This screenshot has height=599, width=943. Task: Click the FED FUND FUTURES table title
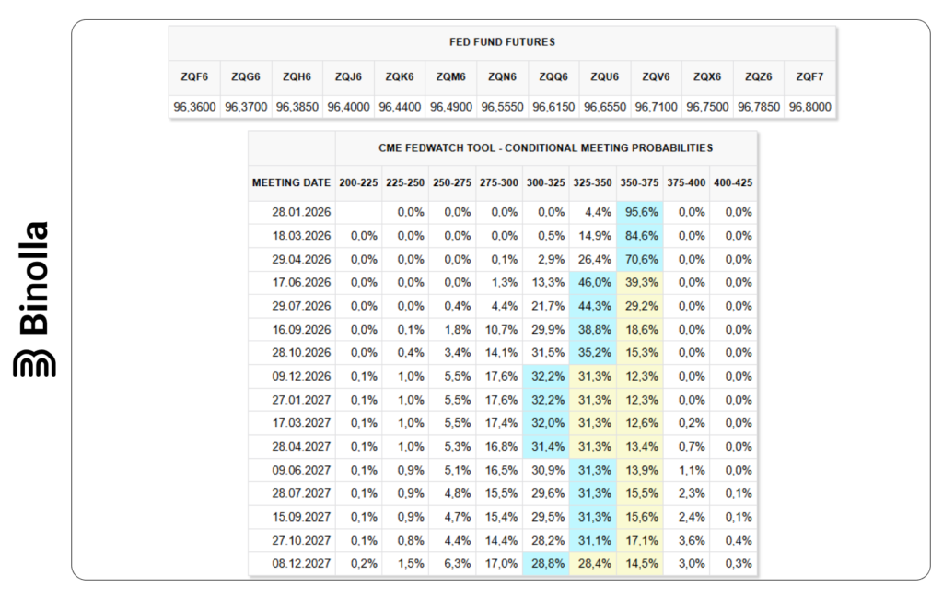click(x=502, y=42)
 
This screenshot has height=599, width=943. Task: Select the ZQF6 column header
click(x=194, y=76)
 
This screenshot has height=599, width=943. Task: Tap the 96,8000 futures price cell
click(x=810, y=107)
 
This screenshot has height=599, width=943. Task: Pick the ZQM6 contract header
click(x=450, y=76)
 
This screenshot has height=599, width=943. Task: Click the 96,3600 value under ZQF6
click(x=194, y=107)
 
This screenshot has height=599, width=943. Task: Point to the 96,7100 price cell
click(x=656, y=107)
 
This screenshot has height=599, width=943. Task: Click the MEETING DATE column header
click(x=291, y=182)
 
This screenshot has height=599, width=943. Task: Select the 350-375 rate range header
click(x=639, y=182)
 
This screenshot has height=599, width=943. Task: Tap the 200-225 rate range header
click(x=358, y=182)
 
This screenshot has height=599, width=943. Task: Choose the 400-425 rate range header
click(x=733, y=182)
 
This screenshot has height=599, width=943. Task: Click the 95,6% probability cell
click(x=640, y=212)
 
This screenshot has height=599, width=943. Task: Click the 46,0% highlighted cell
click(x=593, y=282)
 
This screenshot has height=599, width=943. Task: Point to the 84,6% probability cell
click(x=640, y=235)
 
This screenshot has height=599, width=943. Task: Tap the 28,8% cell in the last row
click(x=546, y=563)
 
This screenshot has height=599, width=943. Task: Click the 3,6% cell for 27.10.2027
click(x=687, y=540)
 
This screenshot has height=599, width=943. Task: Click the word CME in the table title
click(x=391, y=147)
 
